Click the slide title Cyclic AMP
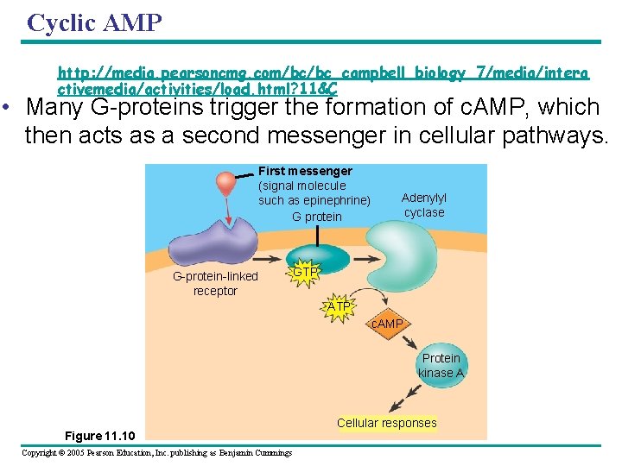(94, 22)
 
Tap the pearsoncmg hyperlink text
(323, 81)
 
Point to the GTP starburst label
(304, 273)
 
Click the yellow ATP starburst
(339, 307)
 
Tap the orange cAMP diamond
(387, 324)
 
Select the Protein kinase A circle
(441, 365)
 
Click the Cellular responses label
(386, 423)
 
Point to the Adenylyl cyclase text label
(424, 205)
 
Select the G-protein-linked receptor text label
(215, 284)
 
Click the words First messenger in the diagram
(305, 172)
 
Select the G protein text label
(317, 217)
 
